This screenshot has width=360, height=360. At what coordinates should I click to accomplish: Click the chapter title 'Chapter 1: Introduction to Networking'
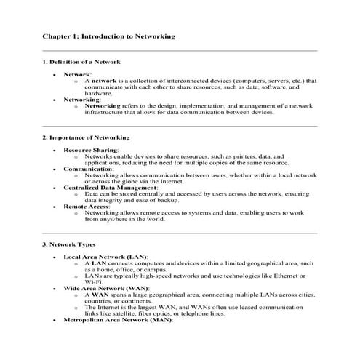108,35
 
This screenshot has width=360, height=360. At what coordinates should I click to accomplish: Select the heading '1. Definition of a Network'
81,62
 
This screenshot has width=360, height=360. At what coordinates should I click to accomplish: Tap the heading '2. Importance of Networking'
86,137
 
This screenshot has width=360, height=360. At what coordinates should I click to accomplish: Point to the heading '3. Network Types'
68,244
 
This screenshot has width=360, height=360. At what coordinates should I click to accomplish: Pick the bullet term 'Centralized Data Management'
110,188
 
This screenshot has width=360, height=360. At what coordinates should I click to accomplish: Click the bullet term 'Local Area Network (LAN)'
105,257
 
